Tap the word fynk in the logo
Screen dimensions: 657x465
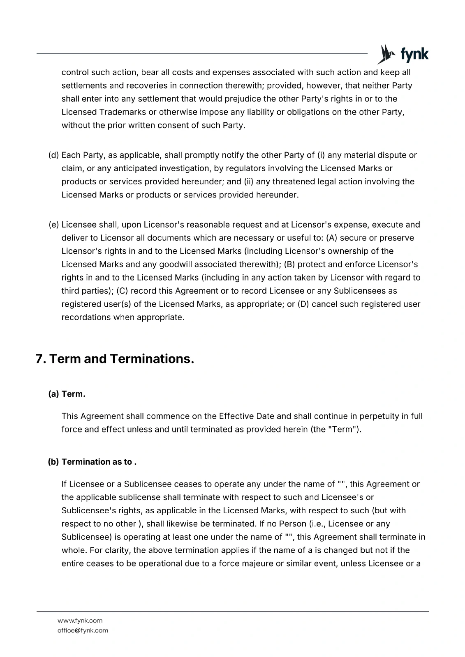(x=414, y=55)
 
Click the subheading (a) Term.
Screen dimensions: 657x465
(x=67, y=394)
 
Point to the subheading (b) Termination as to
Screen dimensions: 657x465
(x=92, y=462)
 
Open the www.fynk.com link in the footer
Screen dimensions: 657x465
(x=80, y=620)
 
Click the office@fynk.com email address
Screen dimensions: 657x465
(x=83, y=630)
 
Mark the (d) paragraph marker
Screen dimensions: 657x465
(x=53, y=155)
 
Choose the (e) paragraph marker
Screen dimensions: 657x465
(x=53, y=225)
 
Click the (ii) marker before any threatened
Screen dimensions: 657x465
(x=249, y=181)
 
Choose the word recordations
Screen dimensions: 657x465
(x=84, y=317)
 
